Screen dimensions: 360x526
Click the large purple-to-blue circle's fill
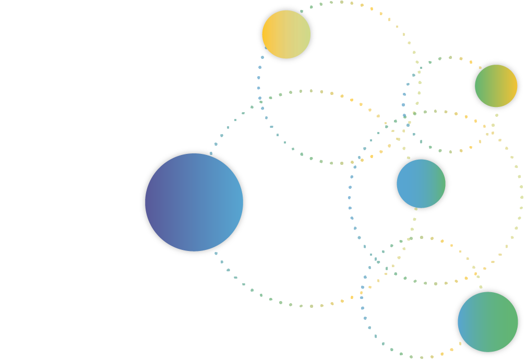click(194, 202)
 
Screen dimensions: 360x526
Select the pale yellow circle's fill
click(286, 34)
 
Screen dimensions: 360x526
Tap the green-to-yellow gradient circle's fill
click(496, 86)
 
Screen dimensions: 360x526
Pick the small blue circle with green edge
click(421, 184)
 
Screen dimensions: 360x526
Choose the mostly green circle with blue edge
click(487, 322)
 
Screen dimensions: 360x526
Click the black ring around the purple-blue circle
click(142, 202)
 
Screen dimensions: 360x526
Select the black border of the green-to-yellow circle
click(472, 86)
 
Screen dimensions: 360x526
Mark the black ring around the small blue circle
click(393, 184)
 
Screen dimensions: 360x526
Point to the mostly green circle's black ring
click(455, 322)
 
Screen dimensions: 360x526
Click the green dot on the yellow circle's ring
click(302, 11)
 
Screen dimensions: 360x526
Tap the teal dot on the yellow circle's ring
click(266, 48)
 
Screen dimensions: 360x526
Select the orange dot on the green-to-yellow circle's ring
click(480, 67)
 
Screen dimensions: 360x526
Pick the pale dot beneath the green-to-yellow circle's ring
click(497, 115)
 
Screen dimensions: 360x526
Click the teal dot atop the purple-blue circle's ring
click(211, 153)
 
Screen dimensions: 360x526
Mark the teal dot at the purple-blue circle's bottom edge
click(216, 254)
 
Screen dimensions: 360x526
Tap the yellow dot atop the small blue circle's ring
click(409, 158)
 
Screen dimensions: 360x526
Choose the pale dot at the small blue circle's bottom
click(416, 209)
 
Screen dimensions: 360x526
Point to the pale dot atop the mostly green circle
click(481, 287)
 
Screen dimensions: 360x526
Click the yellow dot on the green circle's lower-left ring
click(460, 343)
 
